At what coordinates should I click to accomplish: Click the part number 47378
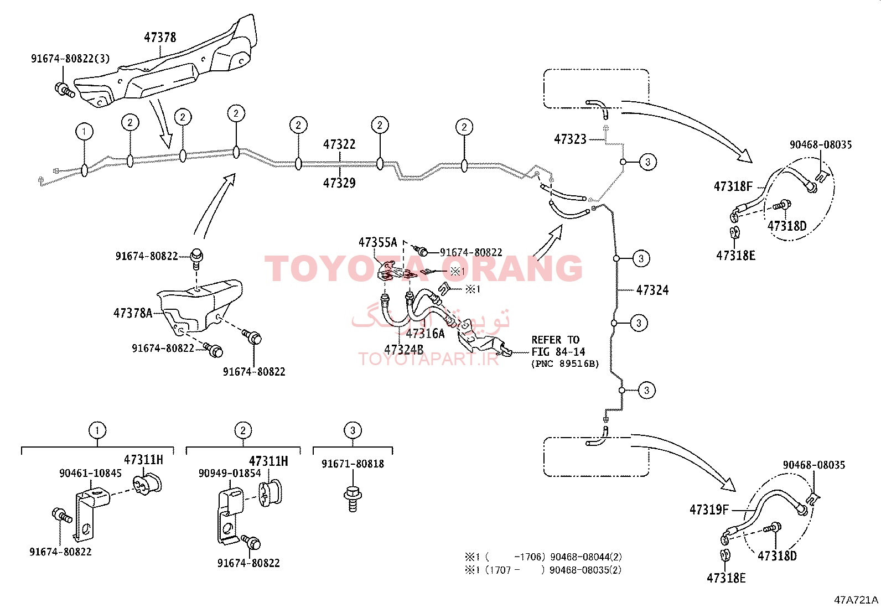pyautogui.click(x=160, y=38)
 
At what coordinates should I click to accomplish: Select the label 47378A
pyautogui.click(x=132, y=313)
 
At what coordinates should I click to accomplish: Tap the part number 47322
pyautogui.click(x=339, y=144)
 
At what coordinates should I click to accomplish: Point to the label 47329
pyautogui.click(x=339, y=183)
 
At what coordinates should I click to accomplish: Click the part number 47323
pyautogui.click(x=570, y=139)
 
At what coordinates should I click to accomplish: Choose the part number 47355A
pyautogui.click(x=377, y=242)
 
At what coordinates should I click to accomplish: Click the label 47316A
pyautogui.click(x=425, y=334)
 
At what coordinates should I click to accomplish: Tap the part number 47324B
pyautogui.click(x=403, y=350)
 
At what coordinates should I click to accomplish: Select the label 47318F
pyautogui.click(x=733, y=187)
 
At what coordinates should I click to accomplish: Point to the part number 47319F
pyautogui.click(x=709, y=510)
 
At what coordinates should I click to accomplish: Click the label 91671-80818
pyautogui.click(x=353, y=464)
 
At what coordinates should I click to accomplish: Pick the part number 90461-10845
pyautogui.click(x=90, y=474)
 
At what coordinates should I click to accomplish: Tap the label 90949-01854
pyautogui.click(x=230, y=474)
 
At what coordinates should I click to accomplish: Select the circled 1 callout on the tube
pyautogui.click(x=84, y=132)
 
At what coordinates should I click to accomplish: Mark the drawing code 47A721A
pyautogui.click(x=856, y=600)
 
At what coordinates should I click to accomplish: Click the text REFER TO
pyautogui.click(x=555, y=340)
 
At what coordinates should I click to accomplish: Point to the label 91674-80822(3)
pyautogui.click(x=70, y=59)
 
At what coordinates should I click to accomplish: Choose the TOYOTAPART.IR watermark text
pyautogui.click(x=428, y=359)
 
